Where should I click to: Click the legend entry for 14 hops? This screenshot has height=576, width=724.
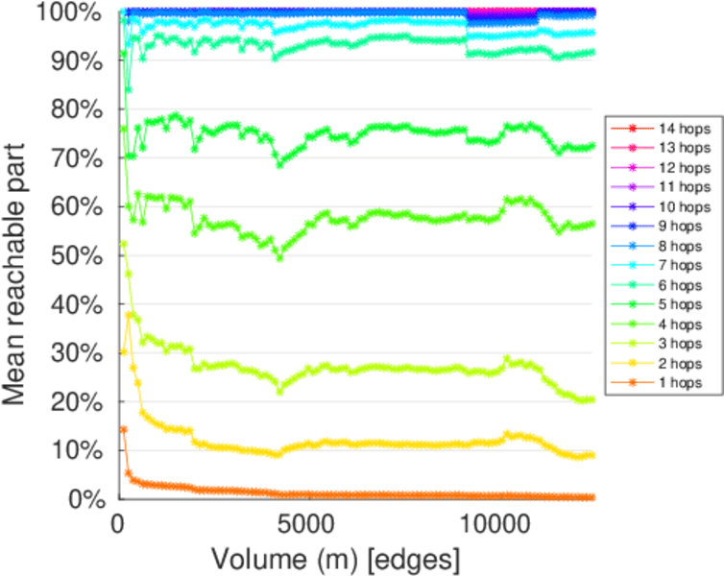coord(683,127)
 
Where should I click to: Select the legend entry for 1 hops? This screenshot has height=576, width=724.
coord(683,383)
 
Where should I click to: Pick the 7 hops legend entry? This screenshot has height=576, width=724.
coord(683,265)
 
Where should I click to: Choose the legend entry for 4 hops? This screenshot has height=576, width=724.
coord(683,324)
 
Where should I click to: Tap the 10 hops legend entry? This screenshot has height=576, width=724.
coord(683,205)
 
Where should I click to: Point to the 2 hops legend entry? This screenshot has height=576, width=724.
coord(683,363)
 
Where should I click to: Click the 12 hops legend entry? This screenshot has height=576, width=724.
coord(683,166)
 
